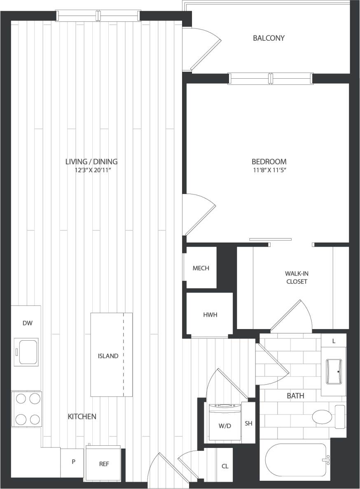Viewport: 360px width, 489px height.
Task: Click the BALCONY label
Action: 269,38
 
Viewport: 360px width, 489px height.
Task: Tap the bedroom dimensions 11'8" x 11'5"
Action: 269,170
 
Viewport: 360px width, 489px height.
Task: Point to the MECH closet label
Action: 201,268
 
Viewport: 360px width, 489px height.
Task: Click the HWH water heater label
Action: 210,315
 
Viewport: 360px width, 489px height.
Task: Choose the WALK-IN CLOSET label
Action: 296,278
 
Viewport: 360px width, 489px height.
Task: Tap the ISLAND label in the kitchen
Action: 108,356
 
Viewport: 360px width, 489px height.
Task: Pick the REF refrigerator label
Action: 104,464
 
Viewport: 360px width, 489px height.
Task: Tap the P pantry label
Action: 74,462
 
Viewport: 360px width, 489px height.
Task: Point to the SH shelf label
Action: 248,423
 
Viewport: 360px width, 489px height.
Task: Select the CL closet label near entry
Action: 225,466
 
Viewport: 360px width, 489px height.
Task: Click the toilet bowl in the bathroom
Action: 322,416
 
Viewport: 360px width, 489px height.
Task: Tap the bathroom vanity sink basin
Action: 333,371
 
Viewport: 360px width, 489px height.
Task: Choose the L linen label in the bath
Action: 333,341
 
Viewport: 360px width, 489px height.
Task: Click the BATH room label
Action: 295,396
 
